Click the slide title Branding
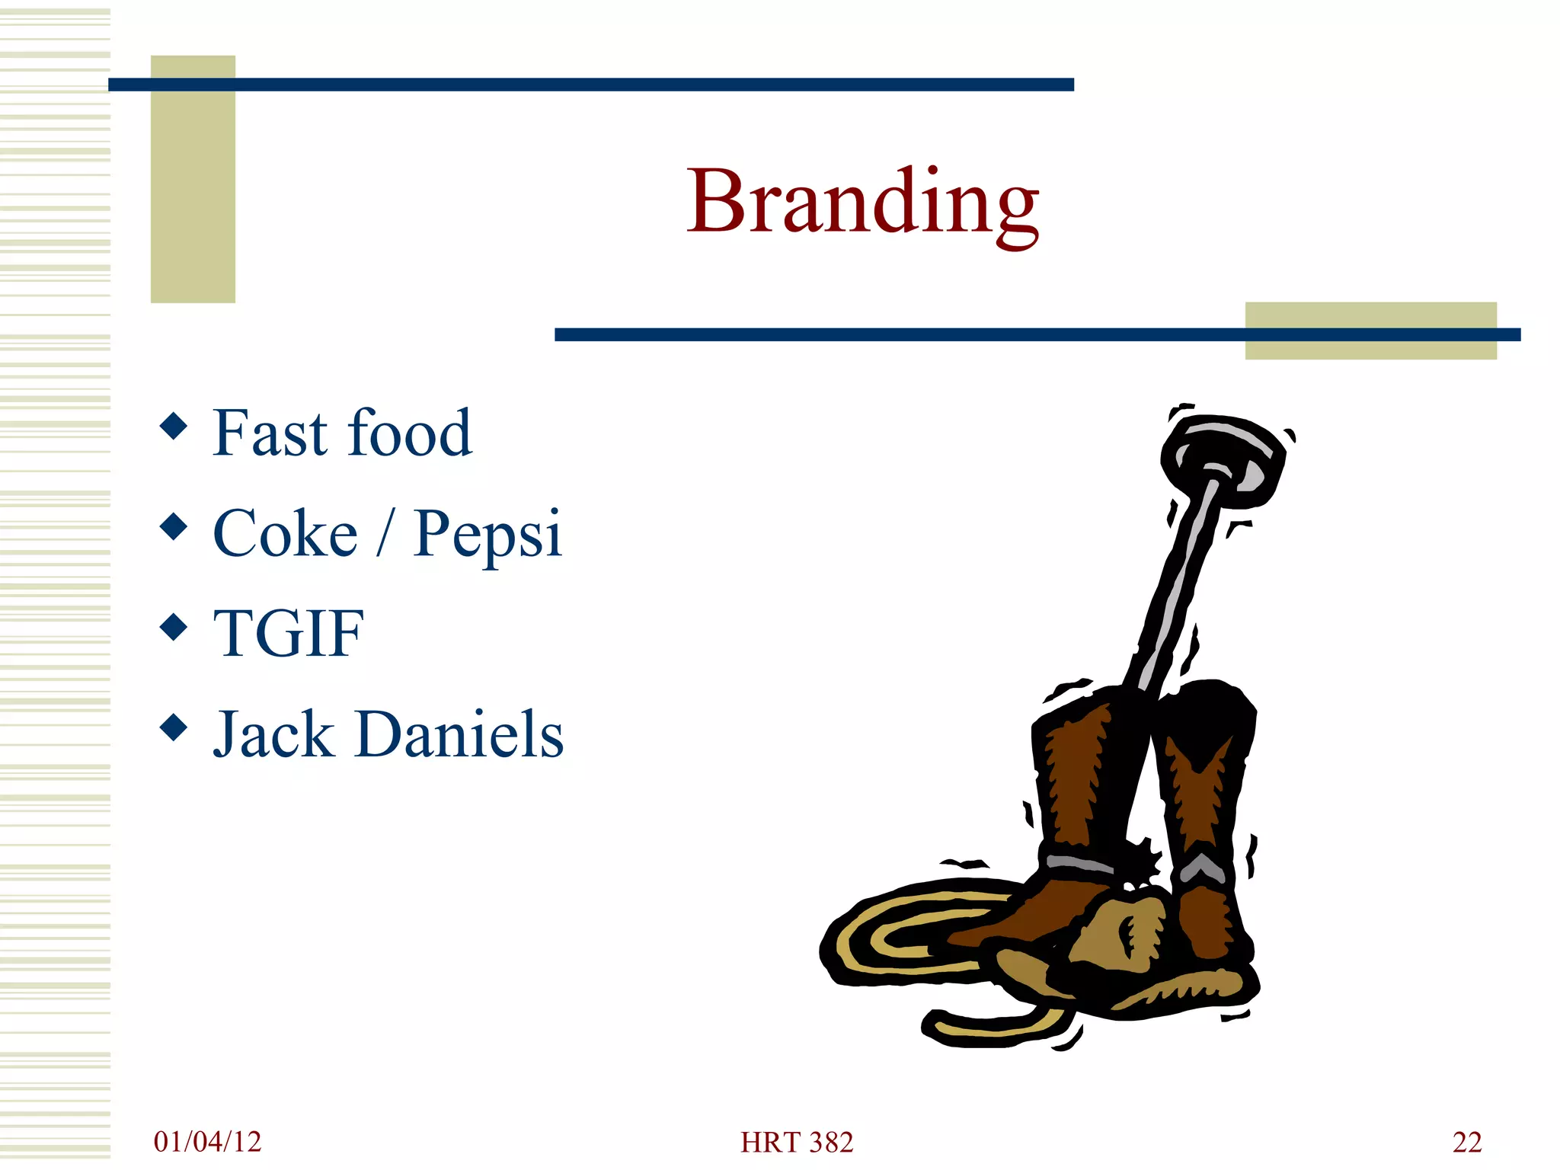(x=862, y=202)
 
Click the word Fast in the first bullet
(x=270, y=433)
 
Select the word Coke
(x=285, y=533)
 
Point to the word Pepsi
(x=487, y=535)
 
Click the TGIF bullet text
(x=288, y=633)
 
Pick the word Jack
(x=273, y=734)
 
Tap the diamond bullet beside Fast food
(x=174, y=426)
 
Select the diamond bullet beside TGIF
(x=174, y=627)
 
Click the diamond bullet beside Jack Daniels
(x=174, y=727)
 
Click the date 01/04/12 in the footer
(x=207, y=1142)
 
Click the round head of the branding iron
(x=1223, y=457)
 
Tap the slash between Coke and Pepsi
(x=385, y=533)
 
